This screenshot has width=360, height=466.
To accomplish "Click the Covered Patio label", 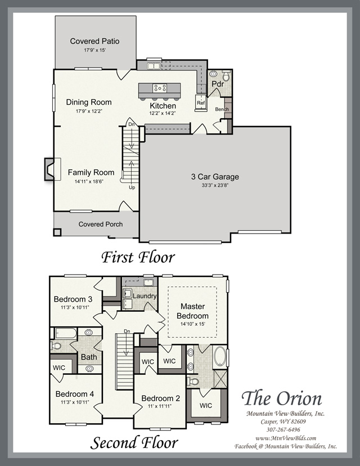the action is [x=94, y=41].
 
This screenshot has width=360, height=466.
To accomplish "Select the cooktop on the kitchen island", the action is [x=160, y=88].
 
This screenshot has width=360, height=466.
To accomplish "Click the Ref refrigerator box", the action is [x=201, y=103].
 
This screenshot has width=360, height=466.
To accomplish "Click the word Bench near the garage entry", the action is [x=222, y=109].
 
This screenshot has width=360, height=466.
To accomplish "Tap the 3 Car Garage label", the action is [x=215, y=177].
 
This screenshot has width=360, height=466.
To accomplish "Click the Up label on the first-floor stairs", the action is [x=132, y=187].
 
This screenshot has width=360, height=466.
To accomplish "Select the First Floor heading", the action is [x=138, y=257].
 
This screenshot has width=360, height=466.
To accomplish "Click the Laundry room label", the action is [x=145, y=296].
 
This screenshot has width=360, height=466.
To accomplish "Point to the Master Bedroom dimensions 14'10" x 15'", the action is [x=192, y=324].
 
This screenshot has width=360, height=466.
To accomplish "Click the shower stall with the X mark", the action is [x=220, y=379].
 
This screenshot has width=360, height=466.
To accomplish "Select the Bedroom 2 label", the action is [x=161, y=398].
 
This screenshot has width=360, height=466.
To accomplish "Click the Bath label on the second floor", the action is [x=89, y=357].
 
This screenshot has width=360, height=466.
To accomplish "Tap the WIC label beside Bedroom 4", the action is [x=59, y=368].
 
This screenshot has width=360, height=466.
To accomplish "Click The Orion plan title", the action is [x=282, y=398].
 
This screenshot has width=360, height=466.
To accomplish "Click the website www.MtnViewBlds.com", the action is [x=286, y=438].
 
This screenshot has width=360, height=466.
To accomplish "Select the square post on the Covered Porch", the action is [x=57, y=232].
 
